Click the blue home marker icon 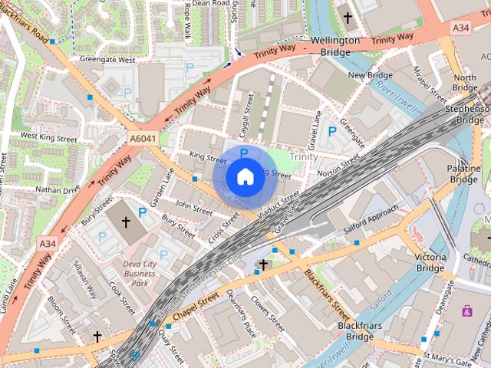click(x=244, y=177)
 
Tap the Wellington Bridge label click(x=335, y=46)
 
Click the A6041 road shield click(x=139, y=136)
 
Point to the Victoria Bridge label click(x=430, y=262)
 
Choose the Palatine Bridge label click(x=464, y=173)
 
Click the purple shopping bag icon click(x=466, y=310)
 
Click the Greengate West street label click(x=107, y=59)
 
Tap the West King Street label click(x=49, y=137)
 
